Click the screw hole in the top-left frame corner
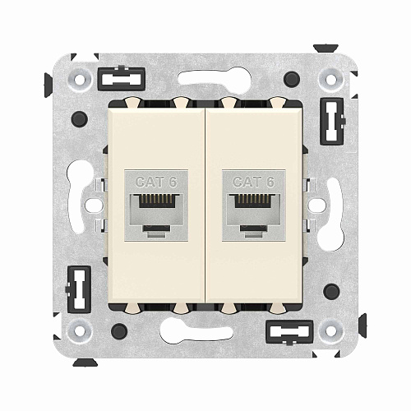click(x=80, y=81)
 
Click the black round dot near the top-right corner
click(x=292, y=80)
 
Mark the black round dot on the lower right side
click(x=331, y=291)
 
